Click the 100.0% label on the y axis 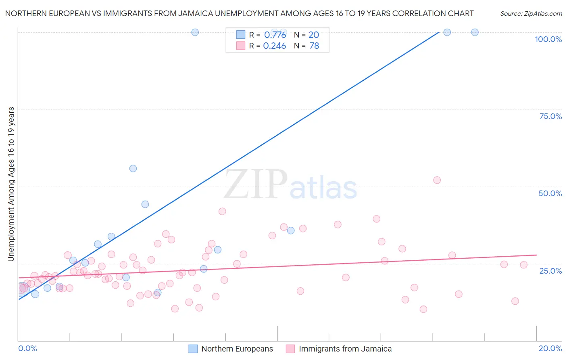(x=548, y=39)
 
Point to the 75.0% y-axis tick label (x=550, y=116)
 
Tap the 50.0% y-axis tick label (x=550, y=193)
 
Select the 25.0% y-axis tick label (x=550, y=271)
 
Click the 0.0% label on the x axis (x=27, y=348)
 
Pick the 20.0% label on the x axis (x=550, y=348)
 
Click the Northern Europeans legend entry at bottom (x=237, y=349)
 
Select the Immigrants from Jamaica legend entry (x=345, y=349)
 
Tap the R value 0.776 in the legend (x=275, y=35)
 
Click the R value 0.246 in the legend (x=275, y=46)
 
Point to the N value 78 (x=314, y=46)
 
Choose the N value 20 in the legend (x=314, y=35)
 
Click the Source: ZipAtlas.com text (x=531, y=14)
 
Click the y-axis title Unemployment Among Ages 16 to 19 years (x=11, y=184)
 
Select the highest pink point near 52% (x=437, y=180)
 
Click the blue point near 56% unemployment (x=133, y=168)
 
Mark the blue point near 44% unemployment (x=145, y=204)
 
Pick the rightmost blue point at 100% (x=475, y=32)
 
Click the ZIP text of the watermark (x=256, y=185)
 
